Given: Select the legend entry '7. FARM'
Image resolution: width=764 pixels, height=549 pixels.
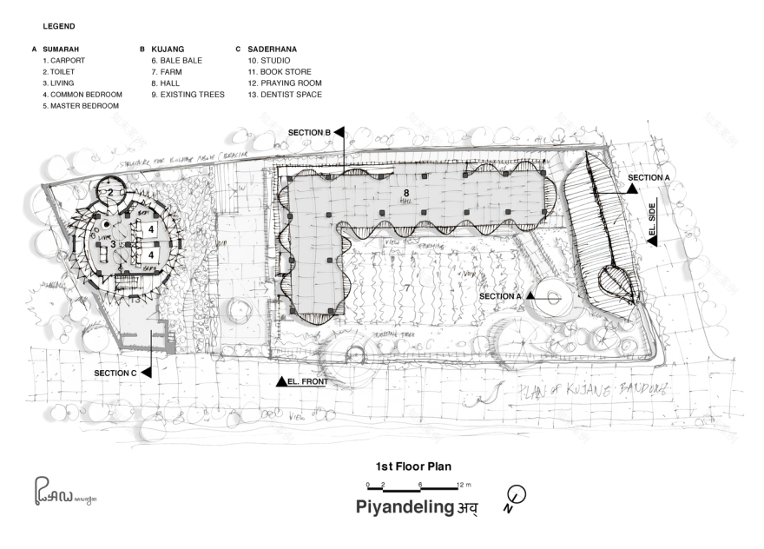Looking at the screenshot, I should click(169, 72).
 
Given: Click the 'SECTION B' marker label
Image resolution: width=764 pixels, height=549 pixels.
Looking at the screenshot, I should click(310, 132).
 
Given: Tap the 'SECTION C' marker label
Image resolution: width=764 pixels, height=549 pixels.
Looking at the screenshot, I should click(116, 373).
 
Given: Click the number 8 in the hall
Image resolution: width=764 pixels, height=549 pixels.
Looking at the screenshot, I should click(405, 190).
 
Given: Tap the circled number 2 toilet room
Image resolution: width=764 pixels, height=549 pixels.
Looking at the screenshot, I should click(111, 192).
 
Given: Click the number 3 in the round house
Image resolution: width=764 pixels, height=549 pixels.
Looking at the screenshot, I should click(114, 244).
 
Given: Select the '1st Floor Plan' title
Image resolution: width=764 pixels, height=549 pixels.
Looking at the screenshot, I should click(412, 466).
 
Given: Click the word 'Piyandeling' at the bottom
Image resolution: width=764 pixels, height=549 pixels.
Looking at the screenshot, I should click(405, 507).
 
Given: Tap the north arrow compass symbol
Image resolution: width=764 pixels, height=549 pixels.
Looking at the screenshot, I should click(517, 495).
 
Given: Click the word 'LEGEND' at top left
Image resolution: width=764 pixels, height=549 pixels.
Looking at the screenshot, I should click(59, 27).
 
